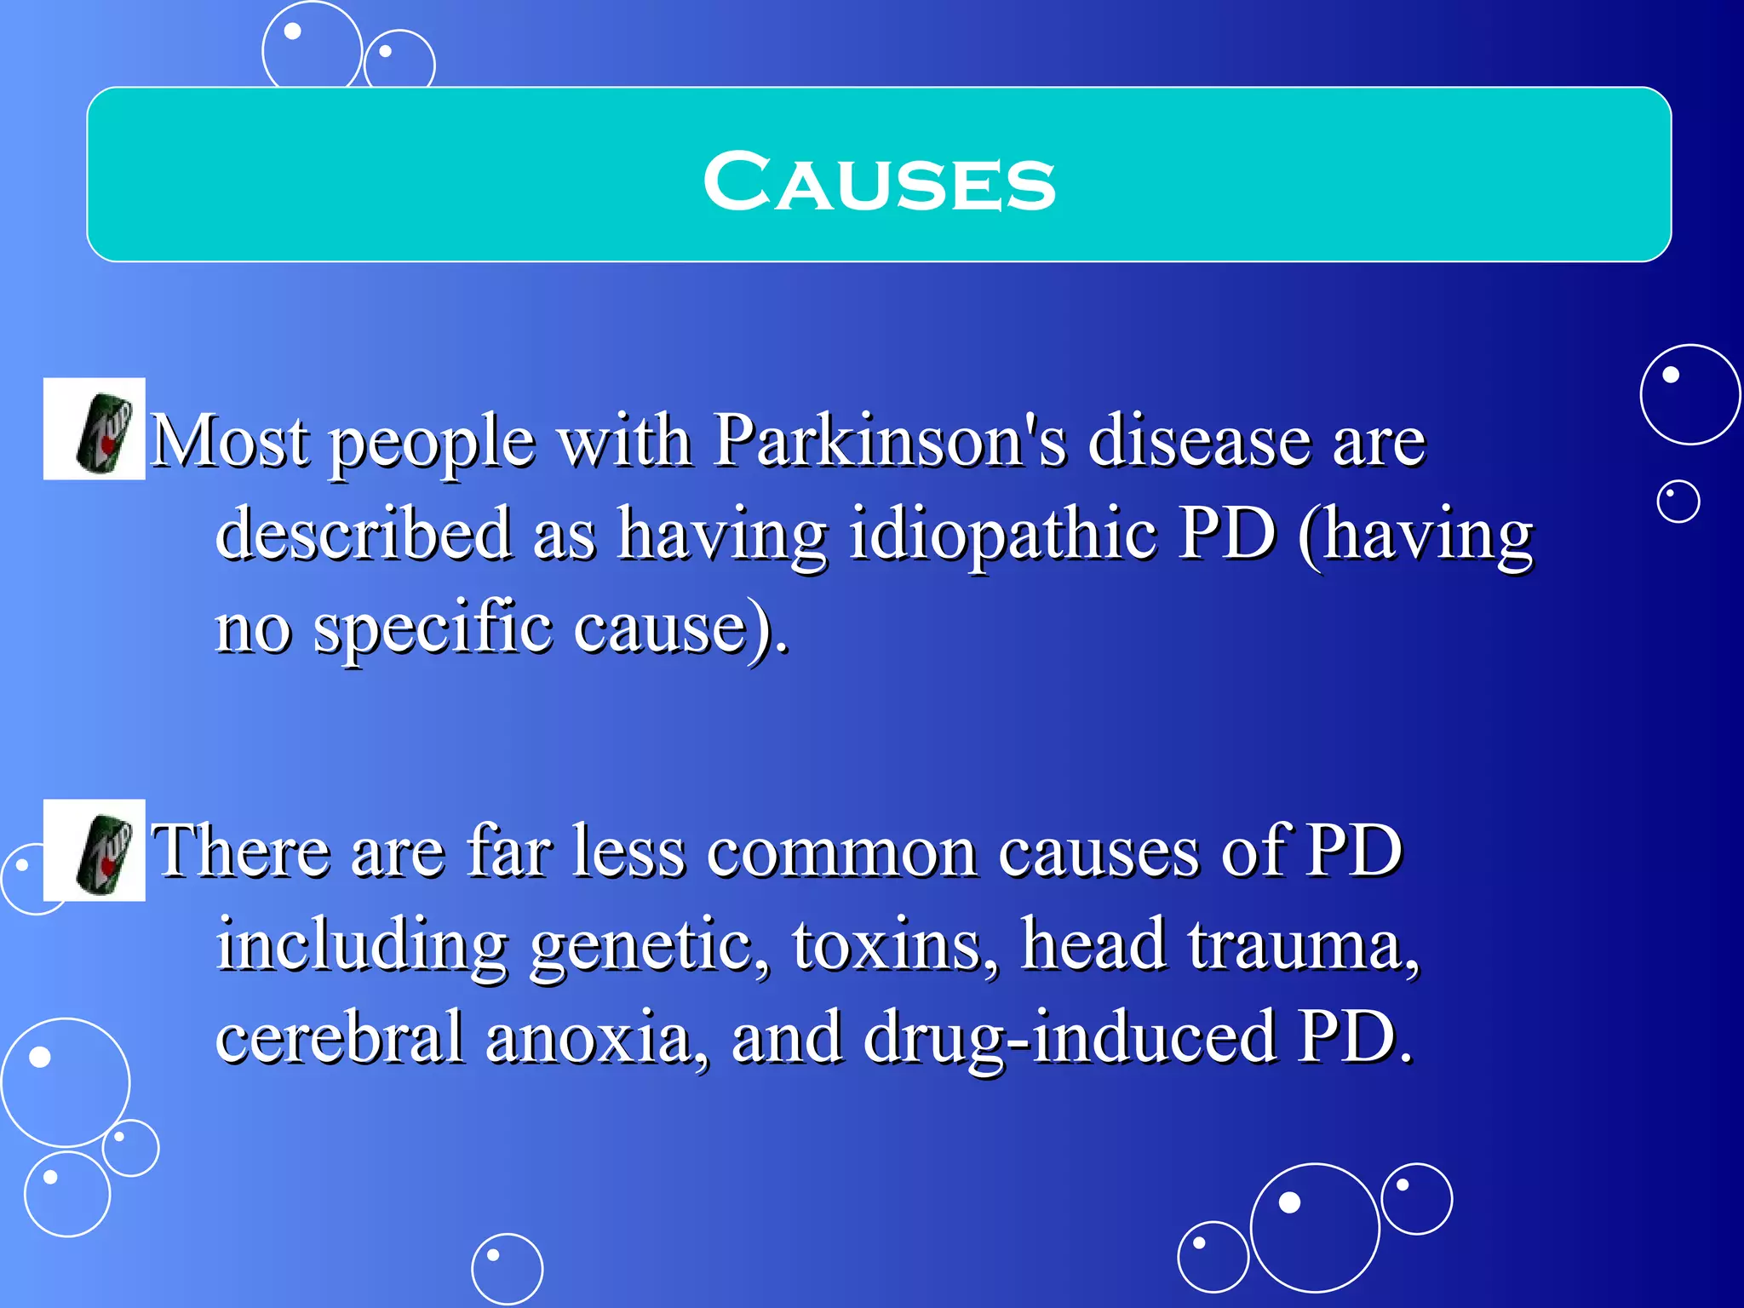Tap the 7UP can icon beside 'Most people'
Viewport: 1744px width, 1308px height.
pyautogui.click(x=95, y=429)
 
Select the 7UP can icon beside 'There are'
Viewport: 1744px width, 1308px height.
pyautogui.click(x=95, y=851)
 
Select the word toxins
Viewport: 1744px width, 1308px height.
pyautogui.click(x=893, y=945)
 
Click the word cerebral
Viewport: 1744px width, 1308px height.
pyautogui.click(x=340, y=1037)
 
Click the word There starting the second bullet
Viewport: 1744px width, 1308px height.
pyautogui.click(x=241, y=852)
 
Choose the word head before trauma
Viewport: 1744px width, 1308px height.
pyautogui.click(x=1093, y=945)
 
